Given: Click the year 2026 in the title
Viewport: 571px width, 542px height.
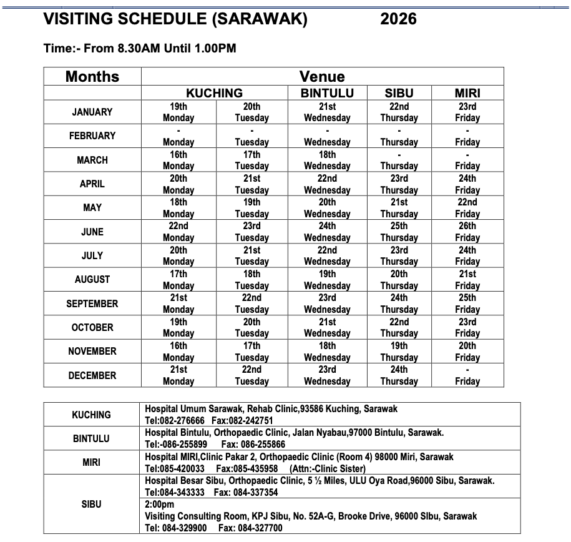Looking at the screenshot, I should (x=398, y=19).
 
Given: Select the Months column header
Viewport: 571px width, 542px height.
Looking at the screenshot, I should (x=92, y=77).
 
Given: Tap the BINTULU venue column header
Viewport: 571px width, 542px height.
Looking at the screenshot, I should (x=327, y=93).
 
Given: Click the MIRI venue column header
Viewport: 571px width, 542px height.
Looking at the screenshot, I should (x=467, y=93).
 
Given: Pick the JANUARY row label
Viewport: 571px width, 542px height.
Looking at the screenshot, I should (x=92, y=112).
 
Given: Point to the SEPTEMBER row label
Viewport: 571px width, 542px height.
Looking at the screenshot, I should (x=92, y=303).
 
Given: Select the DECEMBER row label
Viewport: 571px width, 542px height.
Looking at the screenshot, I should (x=92, y=375).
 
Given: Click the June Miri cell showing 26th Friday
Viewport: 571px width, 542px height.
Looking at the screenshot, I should (x=467, y=232).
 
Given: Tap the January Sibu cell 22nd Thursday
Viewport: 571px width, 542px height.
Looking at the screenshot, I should (x=399, y=112).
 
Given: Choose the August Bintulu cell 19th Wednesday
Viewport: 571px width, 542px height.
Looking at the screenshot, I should (x=327, y=280).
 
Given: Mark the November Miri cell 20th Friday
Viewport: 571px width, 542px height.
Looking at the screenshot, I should (x=467, y=352).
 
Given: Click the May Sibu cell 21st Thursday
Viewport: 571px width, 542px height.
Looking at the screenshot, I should (x=399, y=208).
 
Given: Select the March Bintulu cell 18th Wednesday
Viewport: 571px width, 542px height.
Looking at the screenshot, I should (x=327, y=160).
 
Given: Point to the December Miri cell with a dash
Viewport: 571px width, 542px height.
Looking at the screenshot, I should (x=467, y=375).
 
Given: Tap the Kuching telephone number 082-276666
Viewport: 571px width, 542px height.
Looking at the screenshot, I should (x=182, y=420).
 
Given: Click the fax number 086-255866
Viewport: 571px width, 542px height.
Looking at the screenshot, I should (x=263, y=444).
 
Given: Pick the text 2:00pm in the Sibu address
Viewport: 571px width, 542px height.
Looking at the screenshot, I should (x=159, y=505).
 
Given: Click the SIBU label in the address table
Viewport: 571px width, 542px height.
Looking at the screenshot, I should (x=92, y=504).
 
